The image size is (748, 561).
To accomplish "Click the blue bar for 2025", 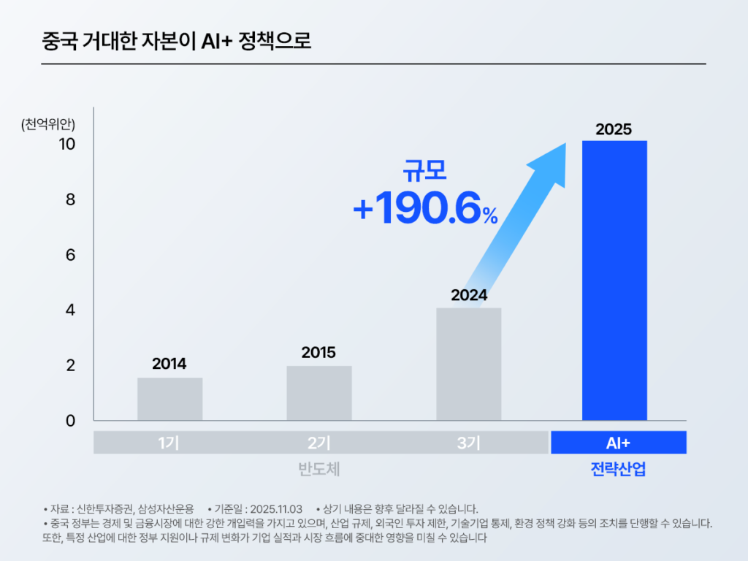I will [614, 280].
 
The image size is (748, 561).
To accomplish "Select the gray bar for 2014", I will [169, 399].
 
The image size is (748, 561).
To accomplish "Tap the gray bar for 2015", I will [318, 393].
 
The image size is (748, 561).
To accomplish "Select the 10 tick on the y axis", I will [67, 144].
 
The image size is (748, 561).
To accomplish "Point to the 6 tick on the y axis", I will [71, 255].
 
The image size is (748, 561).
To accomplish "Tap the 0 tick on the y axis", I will [71, 421].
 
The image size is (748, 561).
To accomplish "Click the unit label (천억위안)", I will [48, 124].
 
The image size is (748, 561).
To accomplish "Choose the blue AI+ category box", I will [618, 443].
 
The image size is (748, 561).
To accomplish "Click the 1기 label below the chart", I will [169, 443].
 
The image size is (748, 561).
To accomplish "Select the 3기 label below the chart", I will [468, 443].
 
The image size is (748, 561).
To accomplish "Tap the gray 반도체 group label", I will [319, 469].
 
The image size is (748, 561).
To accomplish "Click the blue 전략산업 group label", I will [618, 469].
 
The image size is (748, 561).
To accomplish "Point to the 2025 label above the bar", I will [614, 129].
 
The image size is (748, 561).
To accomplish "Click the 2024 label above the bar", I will [469, 296].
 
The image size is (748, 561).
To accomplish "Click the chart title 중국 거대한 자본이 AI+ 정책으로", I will [178, 41].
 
